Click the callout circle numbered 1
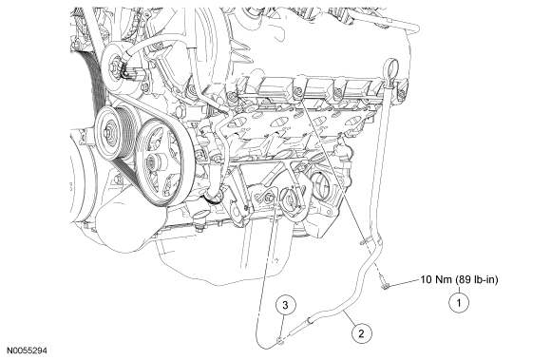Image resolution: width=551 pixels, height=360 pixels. pos(459,302)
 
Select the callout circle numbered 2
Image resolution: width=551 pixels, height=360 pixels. pos(361,333)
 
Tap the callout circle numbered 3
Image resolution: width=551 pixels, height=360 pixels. pos(285,305)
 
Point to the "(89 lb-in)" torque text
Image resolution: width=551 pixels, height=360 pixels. pos(477,280)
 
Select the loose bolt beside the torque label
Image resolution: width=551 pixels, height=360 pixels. pos(384,284)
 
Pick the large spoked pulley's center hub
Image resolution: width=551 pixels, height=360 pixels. pos(154,162)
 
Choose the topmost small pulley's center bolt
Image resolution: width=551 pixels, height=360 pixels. pos(115,66)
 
